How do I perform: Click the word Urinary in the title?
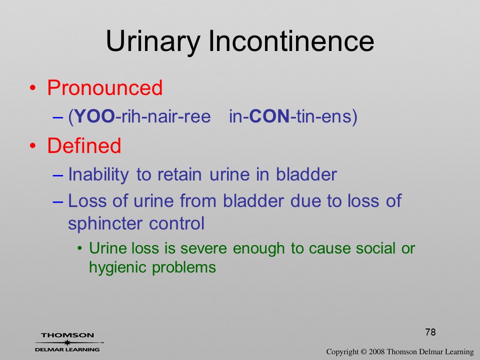(x=153, y=42)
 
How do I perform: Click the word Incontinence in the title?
(x=291, y=41)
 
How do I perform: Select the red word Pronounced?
(x=104, y=88)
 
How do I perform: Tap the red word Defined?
(x=84, y=145)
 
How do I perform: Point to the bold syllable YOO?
(x=94, y=116)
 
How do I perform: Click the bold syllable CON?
(x=269, y=116)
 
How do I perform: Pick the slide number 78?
(x=430, y=332)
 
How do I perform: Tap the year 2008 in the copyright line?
(x=376, y=352)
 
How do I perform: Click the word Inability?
(x=98, y=175)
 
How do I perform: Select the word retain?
(x=179, y=174)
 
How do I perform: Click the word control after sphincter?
(x=176, y=223)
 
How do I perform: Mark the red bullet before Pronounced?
(x=33, y=88)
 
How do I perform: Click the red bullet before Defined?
(x=33, y=145)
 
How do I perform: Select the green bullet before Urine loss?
(x=80, y=248)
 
